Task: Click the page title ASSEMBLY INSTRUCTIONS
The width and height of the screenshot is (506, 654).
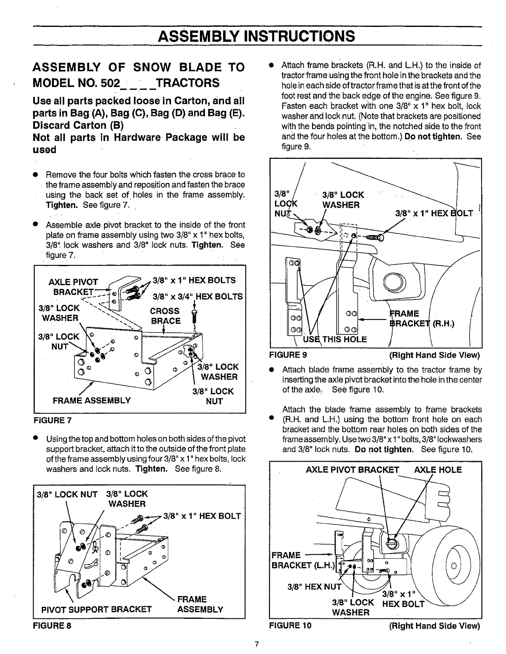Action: (x=256, y=36)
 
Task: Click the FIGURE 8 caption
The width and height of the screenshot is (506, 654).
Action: (x=52, y=625)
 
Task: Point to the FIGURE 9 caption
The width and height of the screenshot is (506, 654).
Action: (x=288, y=355)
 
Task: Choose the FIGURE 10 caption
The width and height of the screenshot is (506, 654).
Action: (x=290, y=625)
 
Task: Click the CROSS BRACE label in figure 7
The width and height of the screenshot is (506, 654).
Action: (x=165, y=316)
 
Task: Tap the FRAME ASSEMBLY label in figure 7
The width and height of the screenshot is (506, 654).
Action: (x=92, y=400)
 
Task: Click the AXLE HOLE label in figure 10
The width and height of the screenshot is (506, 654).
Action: (x=438, y=469)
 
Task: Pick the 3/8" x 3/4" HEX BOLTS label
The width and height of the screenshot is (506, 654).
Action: (x=198, y=296)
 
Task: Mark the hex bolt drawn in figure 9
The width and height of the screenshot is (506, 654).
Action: (x=375, y=237)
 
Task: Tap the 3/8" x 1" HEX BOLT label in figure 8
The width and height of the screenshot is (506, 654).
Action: (x=202, y=516)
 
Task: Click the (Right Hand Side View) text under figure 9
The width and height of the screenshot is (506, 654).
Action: (x=434, y=355)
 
